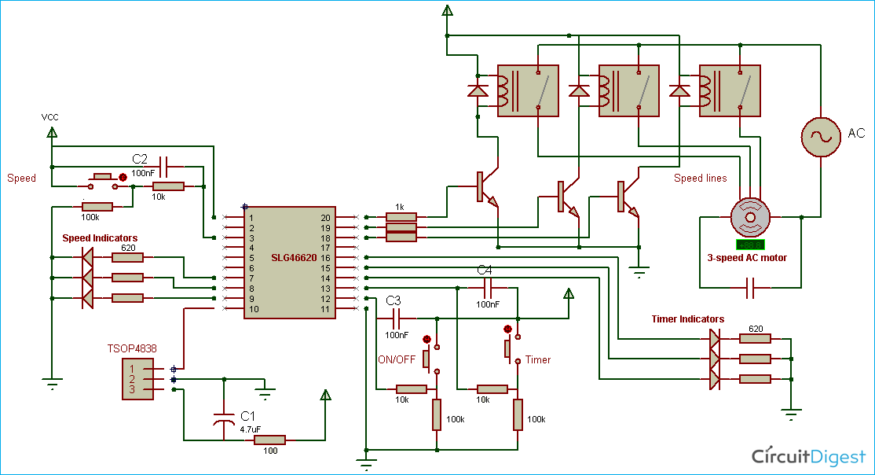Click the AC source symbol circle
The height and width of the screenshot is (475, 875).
820,136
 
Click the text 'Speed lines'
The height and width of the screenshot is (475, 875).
701,179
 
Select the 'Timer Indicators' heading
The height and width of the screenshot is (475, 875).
687,319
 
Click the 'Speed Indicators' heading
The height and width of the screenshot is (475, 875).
100,237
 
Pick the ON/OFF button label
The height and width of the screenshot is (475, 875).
397,359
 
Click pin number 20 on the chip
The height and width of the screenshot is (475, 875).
325,217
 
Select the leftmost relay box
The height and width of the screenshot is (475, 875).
528,90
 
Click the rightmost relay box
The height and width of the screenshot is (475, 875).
729,90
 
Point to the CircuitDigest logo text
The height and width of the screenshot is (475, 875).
809,456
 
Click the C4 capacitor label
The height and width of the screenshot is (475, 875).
486,271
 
